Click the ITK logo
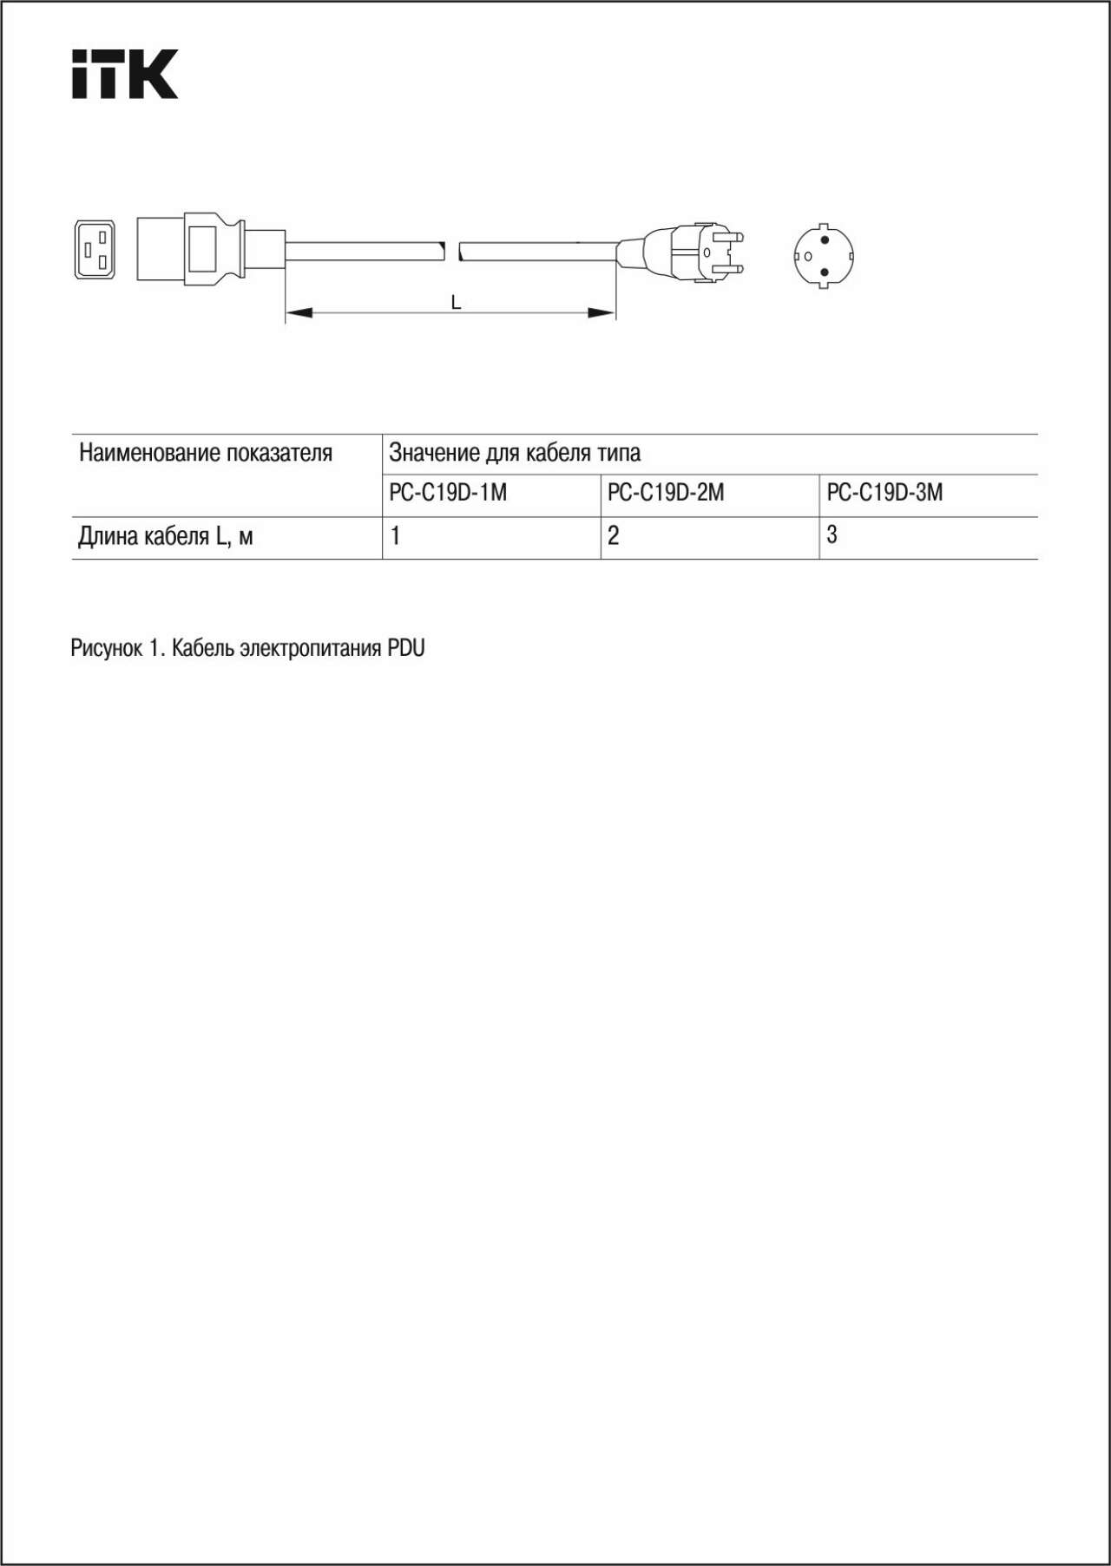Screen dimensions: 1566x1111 pyautogui.click(x=124, y=74)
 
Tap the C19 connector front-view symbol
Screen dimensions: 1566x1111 pyautogui.click(x=95, y=250)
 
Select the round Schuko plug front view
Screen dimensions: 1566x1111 pyautogui.click(x=823, y=256)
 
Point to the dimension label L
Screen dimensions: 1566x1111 pyautogui.click(x=456, y=303)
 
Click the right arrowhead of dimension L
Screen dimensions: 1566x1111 pyautogui.click(x=603, y=312)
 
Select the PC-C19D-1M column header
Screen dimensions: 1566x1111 pyautogui.click(x=448, y=493)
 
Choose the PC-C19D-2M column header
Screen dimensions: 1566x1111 pyautogui.click(x=666, y=493)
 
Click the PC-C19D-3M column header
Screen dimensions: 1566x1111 pyautogui.click(x=884, y=493)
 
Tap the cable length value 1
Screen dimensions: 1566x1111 pyautogui.click(x=395, y=536)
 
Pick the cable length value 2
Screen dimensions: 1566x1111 pyautogui.click(x=614, y=536)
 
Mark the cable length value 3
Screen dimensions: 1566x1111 pyautogui.click(x=832, y=535)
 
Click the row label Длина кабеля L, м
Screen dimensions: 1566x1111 pyautogui.click(x=166, y=537)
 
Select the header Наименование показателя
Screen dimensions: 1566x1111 pyautogui.click(x=206, y=453)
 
